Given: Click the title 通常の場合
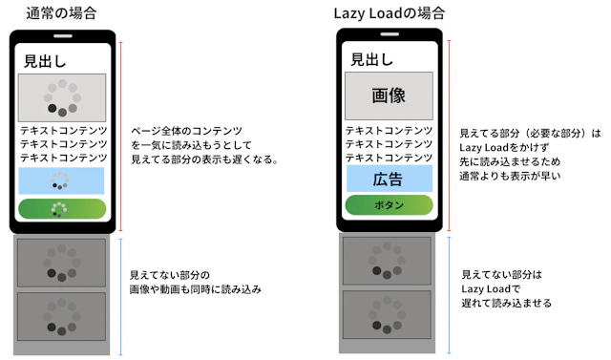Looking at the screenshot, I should click(61, 13).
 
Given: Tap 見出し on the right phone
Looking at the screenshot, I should click(371, 59).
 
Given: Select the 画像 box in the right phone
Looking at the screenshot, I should click(389, 95).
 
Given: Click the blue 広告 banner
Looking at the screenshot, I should click(389, 179).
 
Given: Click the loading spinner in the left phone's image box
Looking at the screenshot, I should click(62, 97).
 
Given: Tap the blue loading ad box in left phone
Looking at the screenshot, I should click(62, 180).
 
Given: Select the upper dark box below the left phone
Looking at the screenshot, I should click(62, 263).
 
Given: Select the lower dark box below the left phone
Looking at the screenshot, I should click(62, 317).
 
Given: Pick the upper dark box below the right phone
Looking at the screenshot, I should click(389, 261).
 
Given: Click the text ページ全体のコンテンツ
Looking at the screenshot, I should click(187, 130).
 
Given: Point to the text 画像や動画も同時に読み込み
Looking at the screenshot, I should click(196, 288).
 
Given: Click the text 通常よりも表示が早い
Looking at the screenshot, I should click(509, 176).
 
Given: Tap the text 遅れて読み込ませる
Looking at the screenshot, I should click(506, 303).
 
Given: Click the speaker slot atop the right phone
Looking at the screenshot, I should click(389, 36).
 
